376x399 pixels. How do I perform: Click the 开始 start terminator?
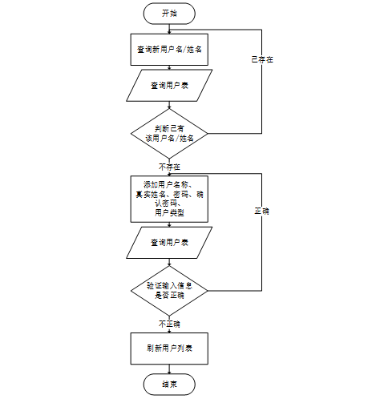click(169, 14)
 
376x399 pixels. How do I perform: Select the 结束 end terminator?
click(169, 384)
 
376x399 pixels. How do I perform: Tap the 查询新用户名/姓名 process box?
click(169, 50)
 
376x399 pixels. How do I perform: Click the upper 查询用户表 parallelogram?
click(169, 86)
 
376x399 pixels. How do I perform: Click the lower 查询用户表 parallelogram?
click(169, 243)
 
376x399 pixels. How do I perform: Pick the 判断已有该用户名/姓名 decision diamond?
click(169, 134)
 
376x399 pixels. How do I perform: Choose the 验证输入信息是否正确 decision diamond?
click(169, 291)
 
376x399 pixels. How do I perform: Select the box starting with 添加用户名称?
click(169, 199)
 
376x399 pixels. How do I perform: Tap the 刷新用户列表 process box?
click(169, 349)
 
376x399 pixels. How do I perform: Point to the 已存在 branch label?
click(262, 59)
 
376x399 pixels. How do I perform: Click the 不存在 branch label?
click(169, 167)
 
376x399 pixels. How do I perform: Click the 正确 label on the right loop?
click(261, 211)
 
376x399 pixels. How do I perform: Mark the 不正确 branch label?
click(169, 324)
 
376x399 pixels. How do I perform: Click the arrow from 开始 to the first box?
click(169, 29)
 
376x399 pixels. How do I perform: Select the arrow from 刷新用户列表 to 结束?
click(169, 369)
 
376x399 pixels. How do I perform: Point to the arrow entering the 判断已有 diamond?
click(169, 105)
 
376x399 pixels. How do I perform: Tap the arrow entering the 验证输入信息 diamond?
click(169, 262)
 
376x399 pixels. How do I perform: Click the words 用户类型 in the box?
click(169, 213)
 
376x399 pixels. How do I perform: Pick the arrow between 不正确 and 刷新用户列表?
click(169, 330)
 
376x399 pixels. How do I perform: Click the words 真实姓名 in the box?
click(150, 194)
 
